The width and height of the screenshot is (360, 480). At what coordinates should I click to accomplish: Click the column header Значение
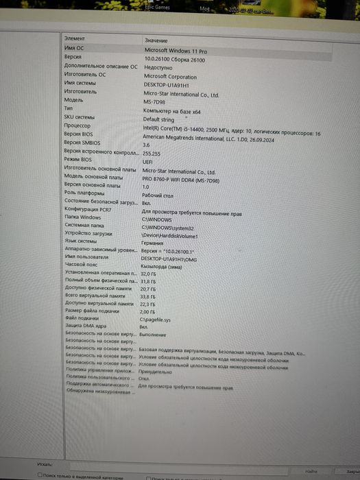point(156,41)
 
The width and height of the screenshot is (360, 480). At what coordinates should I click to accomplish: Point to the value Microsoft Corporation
point(170,77)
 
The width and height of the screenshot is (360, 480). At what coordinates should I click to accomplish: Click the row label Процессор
point(77,125)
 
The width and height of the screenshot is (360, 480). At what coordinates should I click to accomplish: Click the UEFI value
point(147,163)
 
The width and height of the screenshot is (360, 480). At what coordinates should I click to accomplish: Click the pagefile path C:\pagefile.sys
point(156,320)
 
